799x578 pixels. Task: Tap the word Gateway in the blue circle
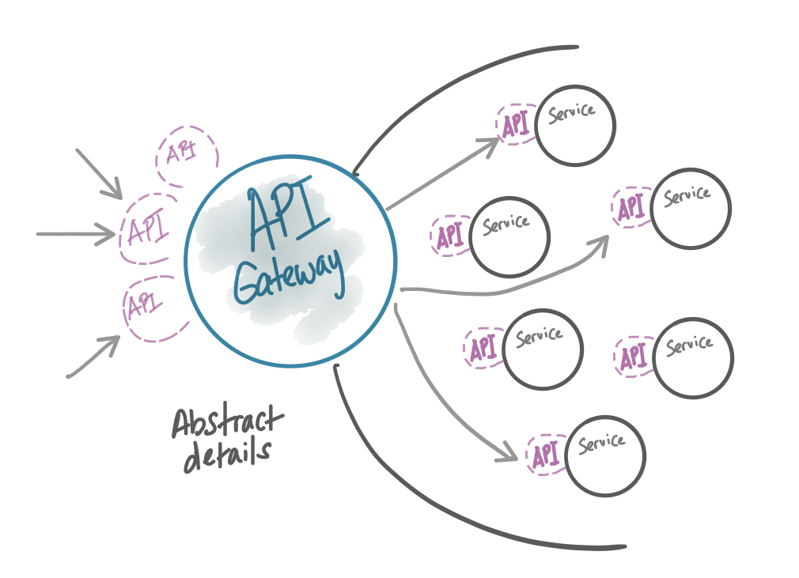point(290,278)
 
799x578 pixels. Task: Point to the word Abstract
point(226,423)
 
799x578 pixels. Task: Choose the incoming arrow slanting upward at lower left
point(93,358)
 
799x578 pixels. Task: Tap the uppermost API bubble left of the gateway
point(186,153)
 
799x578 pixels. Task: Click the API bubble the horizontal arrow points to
point(146,230)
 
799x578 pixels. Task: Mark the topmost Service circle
point(575,125)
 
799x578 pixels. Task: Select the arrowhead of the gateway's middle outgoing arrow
point(601,243)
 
